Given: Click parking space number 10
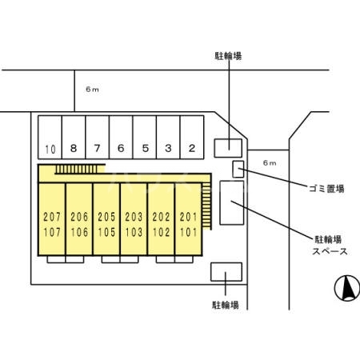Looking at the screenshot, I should [x=50, y=149].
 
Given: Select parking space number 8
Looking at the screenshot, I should [x=74, y=149].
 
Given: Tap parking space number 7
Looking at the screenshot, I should [x=97, y=149].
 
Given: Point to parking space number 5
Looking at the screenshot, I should [x=145, y=149].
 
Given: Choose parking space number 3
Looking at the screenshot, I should [x=168, y=149].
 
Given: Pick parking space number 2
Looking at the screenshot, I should [x=192, y=149].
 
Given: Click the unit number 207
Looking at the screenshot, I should [x=51, y=218].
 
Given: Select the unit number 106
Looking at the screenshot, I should [x=78, y=233].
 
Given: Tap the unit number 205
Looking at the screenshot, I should [x=106, y=218].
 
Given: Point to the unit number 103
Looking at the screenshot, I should [x=134, y=233].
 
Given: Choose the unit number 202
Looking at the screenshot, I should [x=161, y=218].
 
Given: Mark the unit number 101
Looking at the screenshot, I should [x=188, y=233].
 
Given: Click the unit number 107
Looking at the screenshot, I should [x=51, y=233].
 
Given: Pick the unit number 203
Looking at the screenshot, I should [x=134, y=218].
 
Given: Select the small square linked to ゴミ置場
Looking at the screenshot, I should [x=238, y=169].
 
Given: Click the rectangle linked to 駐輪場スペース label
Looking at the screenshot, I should [x=231, y=204].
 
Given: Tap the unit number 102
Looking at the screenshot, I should [x=161, y=233].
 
